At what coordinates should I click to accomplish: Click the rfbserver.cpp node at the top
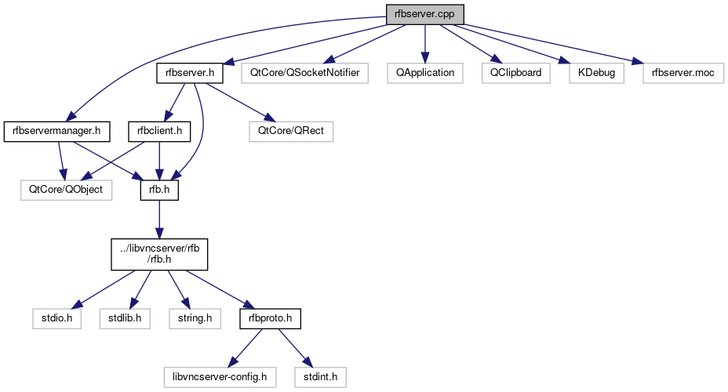point(424,13)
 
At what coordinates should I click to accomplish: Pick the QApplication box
point(425,73)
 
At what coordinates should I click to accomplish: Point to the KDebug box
point(597,73)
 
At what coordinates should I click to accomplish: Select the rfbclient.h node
point(160,131)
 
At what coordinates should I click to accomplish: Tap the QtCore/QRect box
point(286,131)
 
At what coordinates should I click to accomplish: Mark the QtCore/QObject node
point(67,190)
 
